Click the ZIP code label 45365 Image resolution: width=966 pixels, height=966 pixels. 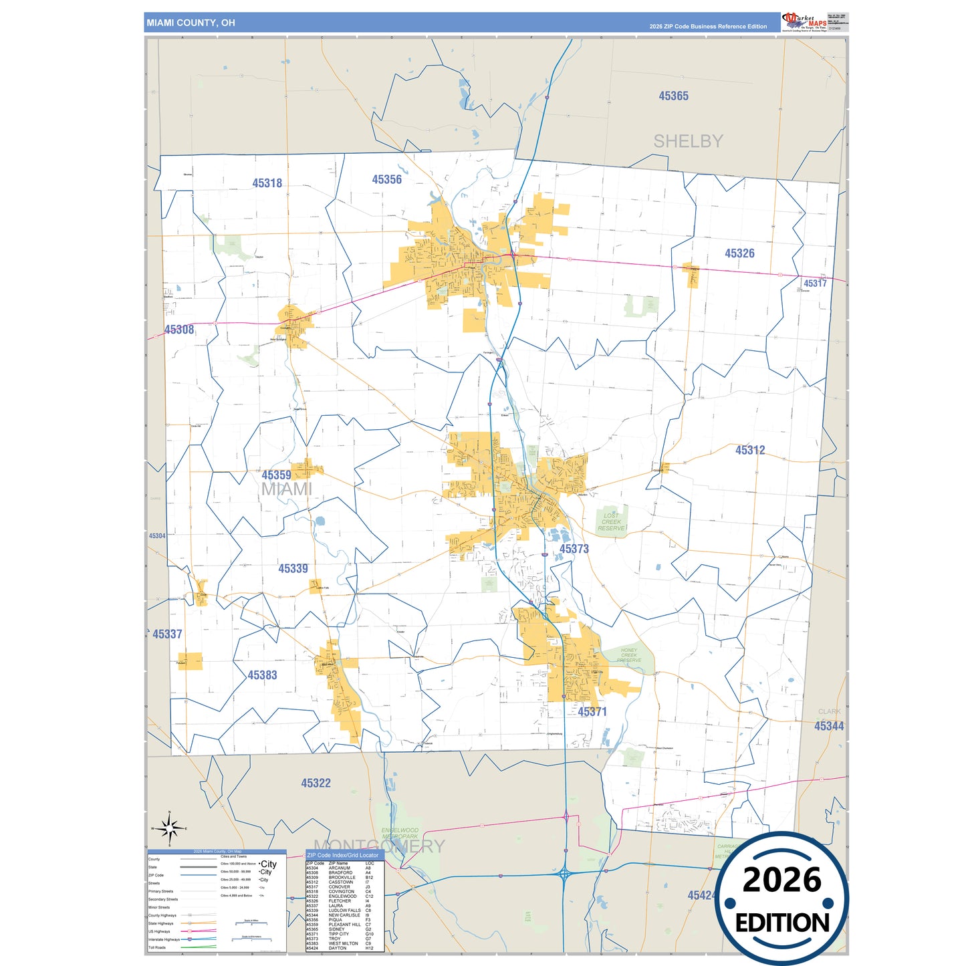673,96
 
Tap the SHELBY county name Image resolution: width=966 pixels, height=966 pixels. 688,141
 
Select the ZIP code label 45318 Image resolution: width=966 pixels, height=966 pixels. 267,183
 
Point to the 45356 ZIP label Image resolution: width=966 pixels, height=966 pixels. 386,180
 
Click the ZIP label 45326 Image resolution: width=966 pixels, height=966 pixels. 739,253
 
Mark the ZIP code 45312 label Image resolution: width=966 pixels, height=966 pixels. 750,451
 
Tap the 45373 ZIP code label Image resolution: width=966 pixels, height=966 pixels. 574,549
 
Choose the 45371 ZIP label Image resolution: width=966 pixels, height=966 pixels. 592,712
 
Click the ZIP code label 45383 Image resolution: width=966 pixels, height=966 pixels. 262,675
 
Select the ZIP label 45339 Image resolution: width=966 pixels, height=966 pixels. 293,568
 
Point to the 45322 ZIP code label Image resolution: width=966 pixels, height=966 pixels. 316,783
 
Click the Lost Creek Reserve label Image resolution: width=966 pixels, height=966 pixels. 611,521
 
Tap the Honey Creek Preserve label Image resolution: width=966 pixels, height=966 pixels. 628,655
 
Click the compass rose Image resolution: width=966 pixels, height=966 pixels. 169,829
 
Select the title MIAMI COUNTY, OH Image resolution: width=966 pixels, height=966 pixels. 191,23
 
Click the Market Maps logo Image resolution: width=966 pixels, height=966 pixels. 804,21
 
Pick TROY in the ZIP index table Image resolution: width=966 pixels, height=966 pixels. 334,939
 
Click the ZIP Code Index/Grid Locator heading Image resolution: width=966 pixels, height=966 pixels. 342,855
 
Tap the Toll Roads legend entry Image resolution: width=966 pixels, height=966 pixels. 157,947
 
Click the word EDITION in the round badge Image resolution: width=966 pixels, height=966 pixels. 781,923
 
